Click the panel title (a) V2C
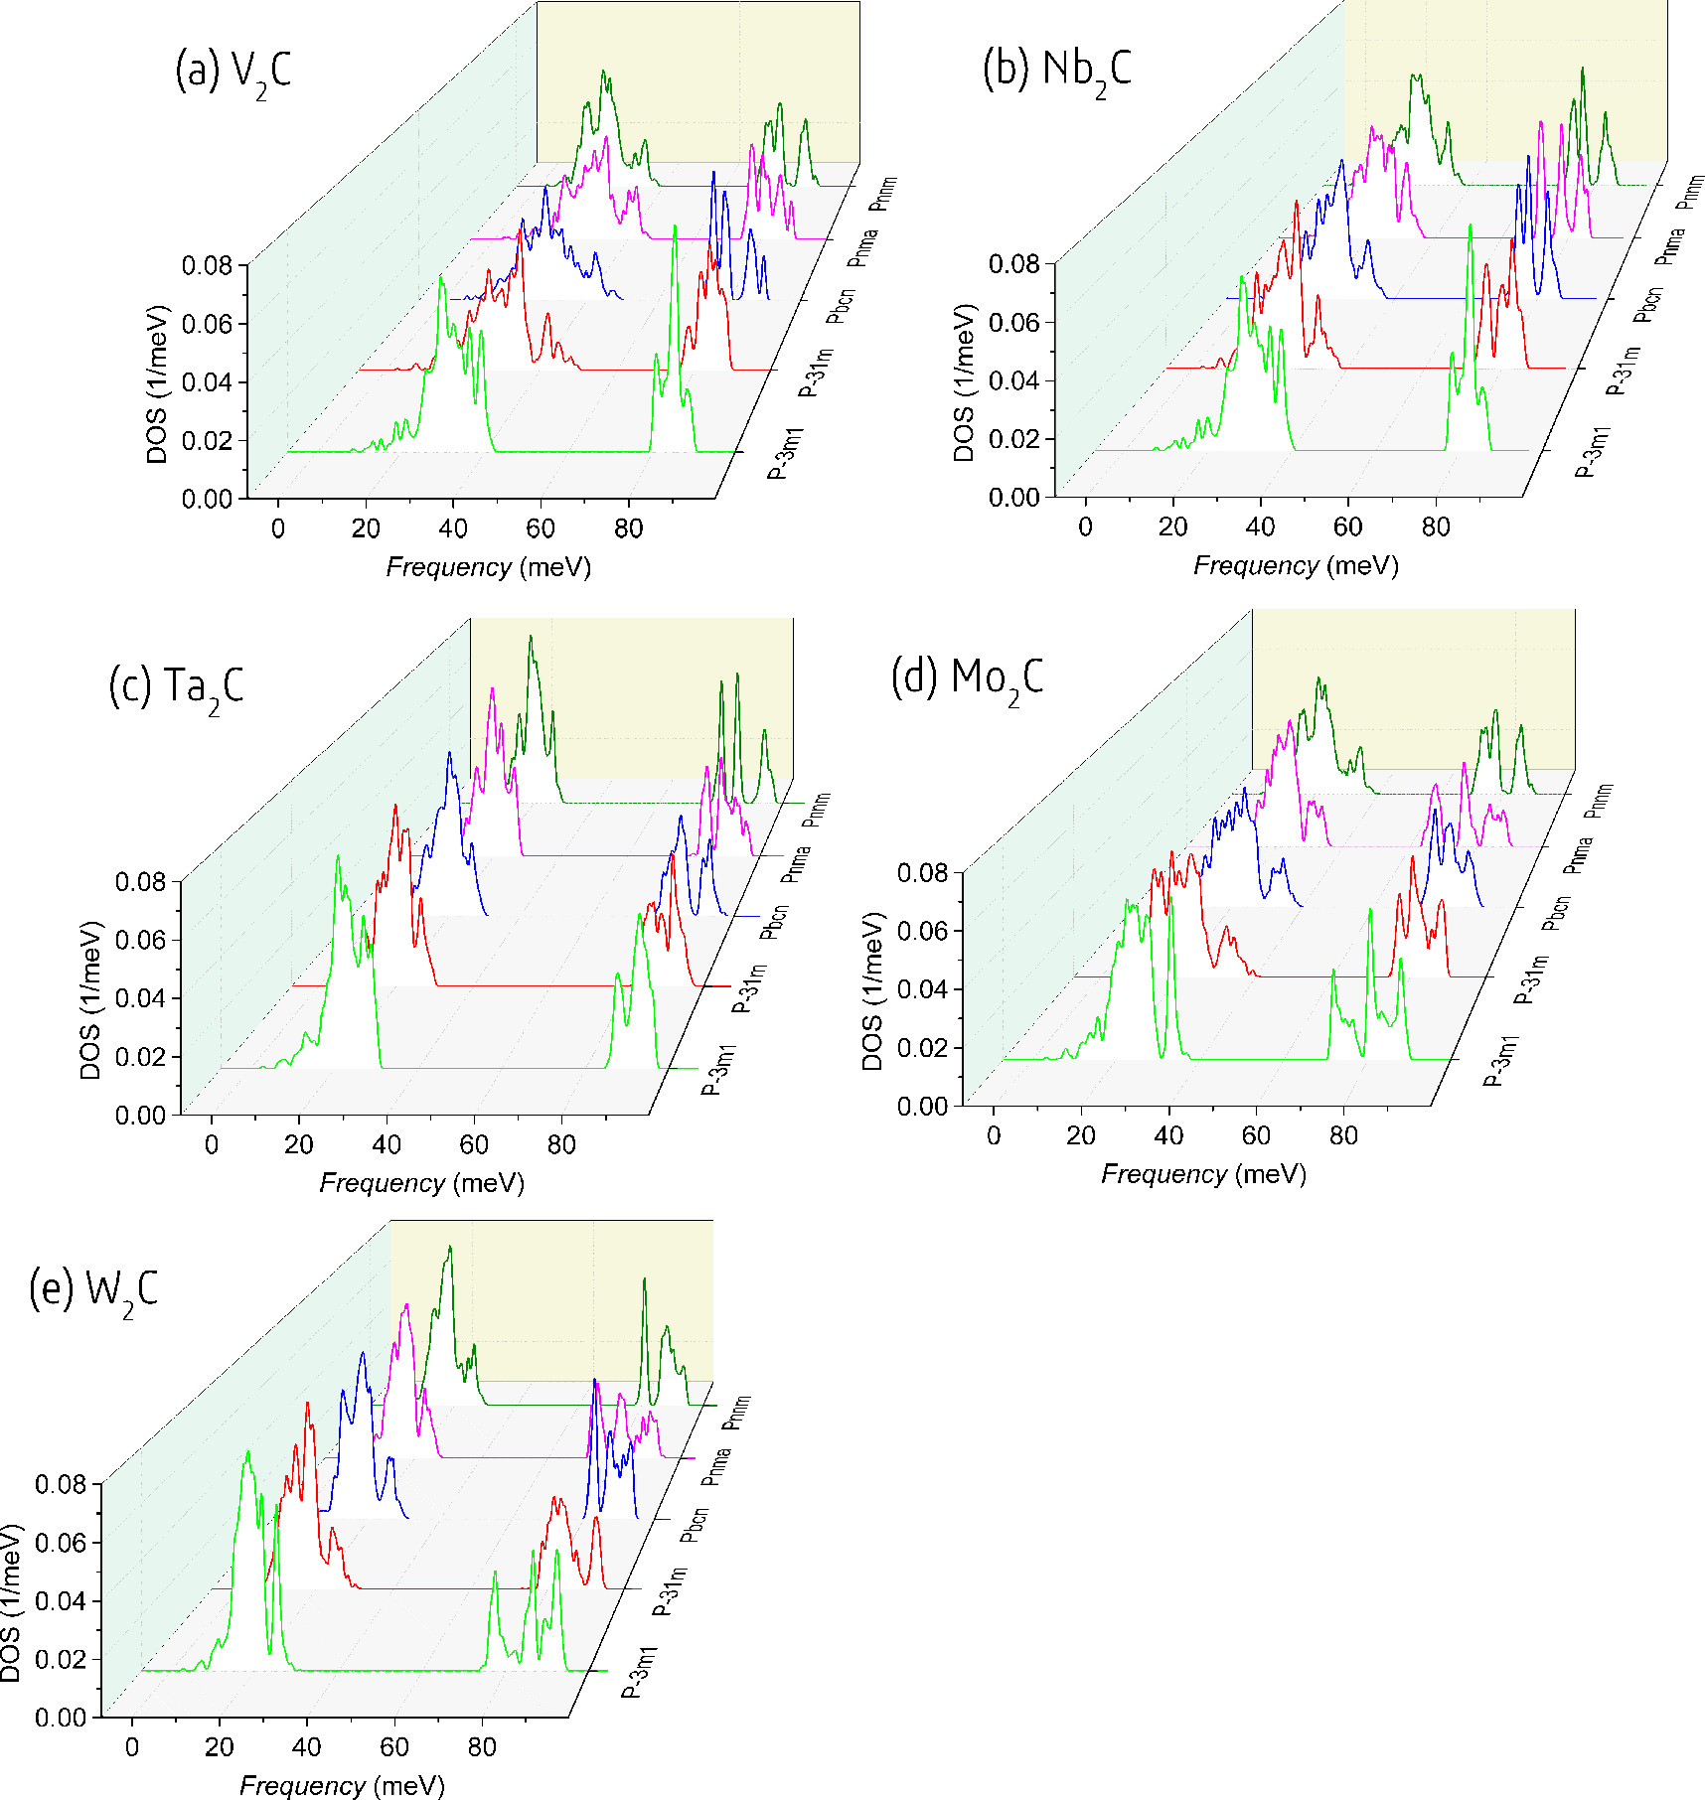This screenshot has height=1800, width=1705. pyautogui.click(x=233, y=72)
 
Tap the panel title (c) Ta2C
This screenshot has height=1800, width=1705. pyautogui.click(x=176, y=687)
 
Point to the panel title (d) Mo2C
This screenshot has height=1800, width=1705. pyautogui.click(x=968, y=679)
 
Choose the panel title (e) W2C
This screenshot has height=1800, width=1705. pyautogui.click(x=93, y=1291)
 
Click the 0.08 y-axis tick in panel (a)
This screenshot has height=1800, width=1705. pyautogui.click(x=207, y=266)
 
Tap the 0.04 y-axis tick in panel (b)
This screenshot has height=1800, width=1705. pyautogui.click(x=1013, y=381)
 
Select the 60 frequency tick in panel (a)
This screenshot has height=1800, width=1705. pyautogui.click(x=541, y=528)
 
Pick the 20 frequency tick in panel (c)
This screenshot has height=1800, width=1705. pyautogui.click(x=299, y=1145)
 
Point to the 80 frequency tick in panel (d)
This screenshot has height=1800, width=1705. pyautogui.click(x=1343, y=1136)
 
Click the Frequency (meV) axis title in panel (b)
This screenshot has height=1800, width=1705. pyautogui.click(x=1296, y=566)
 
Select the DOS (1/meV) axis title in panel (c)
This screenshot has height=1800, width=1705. pyautogui.click(x=90, y=1000)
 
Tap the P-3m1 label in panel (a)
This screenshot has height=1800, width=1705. pyautogui.click(x=785, y=454)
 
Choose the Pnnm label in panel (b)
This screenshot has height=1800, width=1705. pyautogui.click(x=1690, y=192)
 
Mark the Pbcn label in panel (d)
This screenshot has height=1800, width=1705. pyautogui.click(x=1556, y=913)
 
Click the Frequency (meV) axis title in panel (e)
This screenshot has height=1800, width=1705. pyautogui.click(x=342, y=1786)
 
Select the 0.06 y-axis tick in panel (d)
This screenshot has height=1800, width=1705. pyautogui.click(x=923, y=931)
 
